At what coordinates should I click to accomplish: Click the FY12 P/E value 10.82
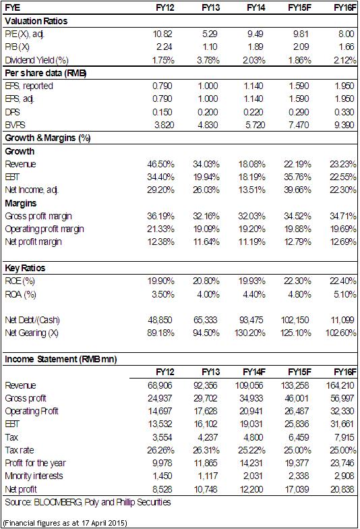point(162,34)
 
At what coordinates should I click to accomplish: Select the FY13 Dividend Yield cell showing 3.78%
point(208,61)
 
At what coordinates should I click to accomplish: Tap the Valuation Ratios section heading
point(36,22)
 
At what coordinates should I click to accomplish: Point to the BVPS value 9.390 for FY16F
point(344,126)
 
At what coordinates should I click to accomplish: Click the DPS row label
point(12,112)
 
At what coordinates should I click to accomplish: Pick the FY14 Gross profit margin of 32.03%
point(252,216)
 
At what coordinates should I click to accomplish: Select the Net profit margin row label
point(34,242)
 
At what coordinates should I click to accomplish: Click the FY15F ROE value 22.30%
point(297,281)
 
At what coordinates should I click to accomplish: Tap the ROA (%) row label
point(20,294)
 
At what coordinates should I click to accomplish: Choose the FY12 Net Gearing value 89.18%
point(160,333)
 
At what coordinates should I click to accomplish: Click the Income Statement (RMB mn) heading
point(61,359)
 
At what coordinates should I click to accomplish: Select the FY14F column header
point(254,372)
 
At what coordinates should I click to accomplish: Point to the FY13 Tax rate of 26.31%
point(206,451)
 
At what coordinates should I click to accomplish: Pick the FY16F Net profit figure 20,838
point(342,489)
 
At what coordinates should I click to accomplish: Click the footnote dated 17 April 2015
point(65,524)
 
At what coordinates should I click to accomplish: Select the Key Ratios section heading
point(25,269)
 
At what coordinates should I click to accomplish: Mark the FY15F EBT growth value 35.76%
point(297,177)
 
